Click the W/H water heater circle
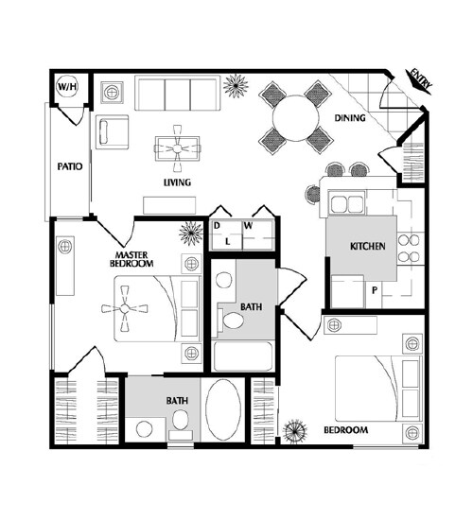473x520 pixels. pos(67,87)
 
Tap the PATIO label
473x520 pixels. pos(70,166)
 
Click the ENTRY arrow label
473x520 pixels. pos(419,81)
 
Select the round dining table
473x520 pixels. pos(295,118)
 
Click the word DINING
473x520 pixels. pos(350,118)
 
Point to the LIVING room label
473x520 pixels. pos(177,182)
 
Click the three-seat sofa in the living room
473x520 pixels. pos(177,94)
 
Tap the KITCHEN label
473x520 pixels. pos(368,246)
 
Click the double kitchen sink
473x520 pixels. pos(347,203)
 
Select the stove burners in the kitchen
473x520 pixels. pos(409,249)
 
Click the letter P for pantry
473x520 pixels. pos(375,290)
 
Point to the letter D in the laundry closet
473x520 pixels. pos(217,226)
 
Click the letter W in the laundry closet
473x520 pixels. pos(248,226)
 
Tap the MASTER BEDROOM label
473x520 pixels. pos(131,259)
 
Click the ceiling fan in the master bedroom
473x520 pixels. pos(125,309)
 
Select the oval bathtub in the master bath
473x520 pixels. pos(223,410)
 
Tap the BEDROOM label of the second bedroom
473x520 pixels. pos(346,430)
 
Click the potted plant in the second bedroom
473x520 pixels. pos(295,431)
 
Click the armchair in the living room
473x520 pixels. pos(113,132)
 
